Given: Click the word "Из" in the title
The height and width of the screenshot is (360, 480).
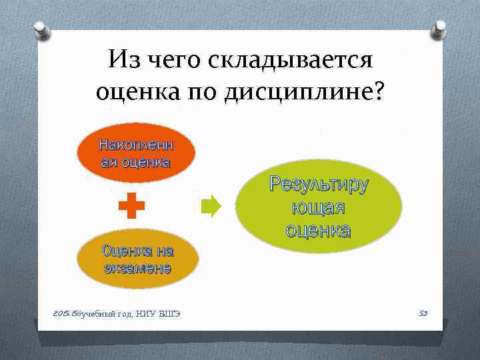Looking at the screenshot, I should pos(125,61).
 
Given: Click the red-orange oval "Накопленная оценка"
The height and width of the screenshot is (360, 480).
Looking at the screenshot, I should pos(135,154).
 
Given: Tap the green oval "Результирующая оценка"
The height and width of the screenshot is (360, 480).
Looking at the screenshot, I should pos(318,207).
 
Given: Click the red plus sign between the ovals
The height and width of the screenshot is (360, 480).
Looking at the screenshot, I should pos(131,207).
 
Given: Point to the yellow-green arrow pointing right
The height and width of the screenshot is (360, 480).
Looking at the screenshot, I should pos(211,207).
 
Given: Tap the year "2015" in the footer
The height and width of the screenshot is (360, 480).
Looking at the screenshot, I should pos(61,313).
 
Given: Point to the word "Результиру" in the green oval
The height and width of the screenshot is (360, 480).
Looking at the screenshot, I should pos(318,185).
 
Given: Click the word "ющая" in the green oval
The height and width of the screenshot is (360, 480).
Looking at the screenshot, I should pos(318,207).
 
